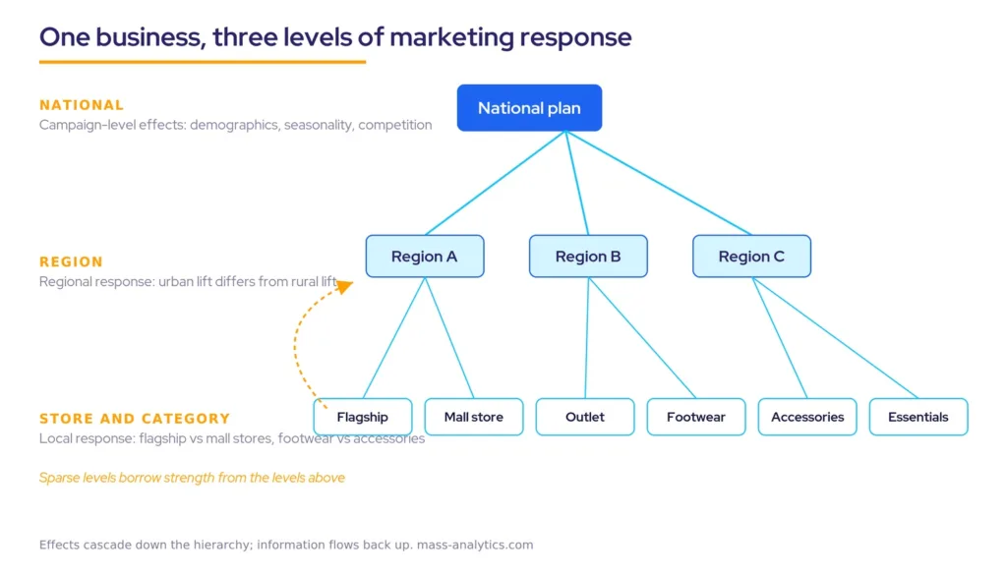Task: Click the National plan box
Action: [x=529, y=108]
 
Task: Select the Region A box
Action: [x=425, y=257]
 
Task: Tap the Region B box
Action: [x=588, y=257]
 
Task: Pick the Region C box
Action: [x=751, y=257]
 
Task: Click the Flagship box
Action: [x=363, y=417]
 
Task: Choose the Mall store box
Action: [x=474, y=417]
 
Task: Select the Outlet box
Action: [x=585, y=417]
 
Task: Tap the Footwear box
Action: [x=696, y=417]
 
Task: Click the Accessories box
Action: [x=807, y=417]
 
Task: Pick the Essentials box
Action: [x=918, y=417]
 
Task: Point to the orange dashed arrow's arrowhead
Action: [x=345, y=286]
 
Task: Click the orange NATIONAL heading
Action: [x=82, y=105]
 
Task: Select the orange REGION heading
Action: [x=71, y=261]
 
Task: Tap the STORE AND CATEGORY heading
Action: [x=135, y=419]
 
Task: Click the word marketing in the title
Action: [x=451, y=37]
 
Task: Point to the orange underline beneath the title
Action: [x=203, y=62]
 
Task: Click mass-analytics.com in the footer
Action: [x=475, y=545]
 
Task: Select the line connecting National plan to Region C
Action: [x=659, y=183]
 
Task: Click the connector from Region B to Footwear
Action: [x=642, y=337]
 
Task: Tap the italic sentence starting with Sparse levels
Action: [x=192, y=478]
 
